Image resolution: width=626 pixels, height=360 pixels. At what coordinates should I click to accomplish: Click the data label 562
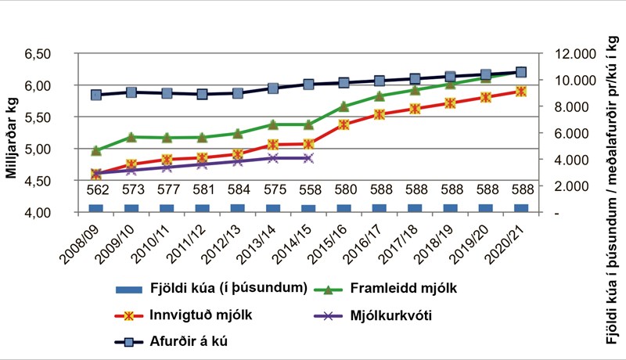pyautogui.click(x=96, y=190)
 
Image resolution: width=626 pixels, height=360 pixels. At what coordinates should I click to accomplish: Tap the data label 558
pyautogui.click(x=308, y=190)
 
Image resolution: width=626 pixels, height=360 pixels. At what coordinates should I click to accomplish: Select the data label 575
pyautogui.click(x=273, y=190)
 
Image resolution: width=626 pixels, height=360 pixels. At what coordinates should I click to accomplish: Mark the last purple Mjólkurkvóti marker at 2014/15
pyautogui.click(x=308, y=158)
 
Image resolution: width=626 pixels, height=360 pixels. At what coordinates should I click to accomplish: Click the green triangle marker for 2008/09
pyautogui.click(x=96, y=150)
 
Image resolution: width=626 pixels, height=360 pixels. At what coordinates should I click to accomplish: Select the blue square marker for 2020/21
pyautogui.click(x=521, y=72)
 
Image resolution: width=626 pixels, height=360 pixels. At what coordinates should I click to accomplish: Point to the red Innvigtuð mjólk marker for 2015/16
pyautogui.click(x=344, y=124)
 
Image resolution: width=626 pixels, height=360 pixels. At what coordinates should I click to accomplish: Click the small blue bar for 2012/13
pyautogui.click(x=238, y=208)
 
